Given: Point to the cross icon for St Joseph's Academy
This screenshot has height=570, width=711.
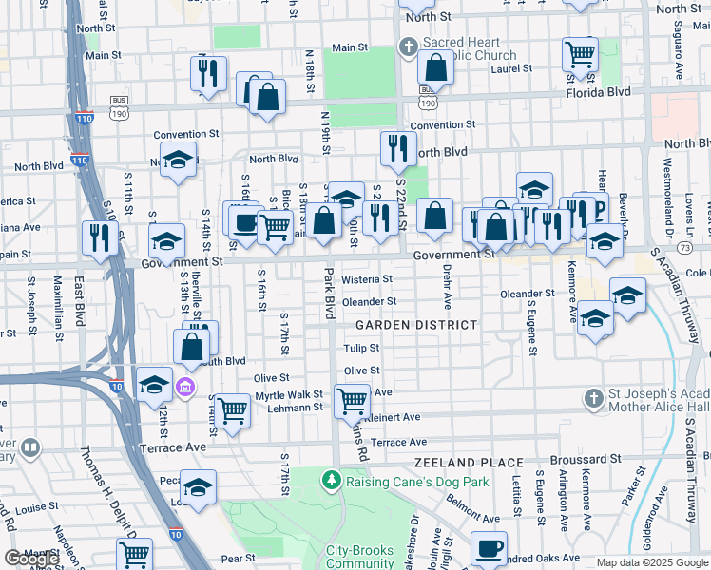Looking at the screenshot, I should coord(593,397).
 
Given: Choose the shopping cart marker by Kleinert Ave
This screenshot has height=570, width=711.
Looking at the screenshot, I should coord(352,400).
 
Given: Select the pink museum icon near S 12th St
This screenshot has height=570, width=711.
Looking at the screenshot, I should coord(185,387).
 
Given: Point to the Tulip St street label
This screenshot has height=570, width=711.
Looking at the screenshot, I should coord(361,349).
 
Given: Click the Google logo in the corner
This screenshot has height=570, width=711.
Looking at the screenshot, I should coord(31,559).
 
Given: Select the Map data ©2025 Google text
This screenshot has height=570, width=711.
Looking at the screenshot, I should coord(652,562).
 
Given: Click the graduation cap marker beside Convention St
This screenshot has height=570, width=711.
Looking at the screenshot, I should coord(178,160).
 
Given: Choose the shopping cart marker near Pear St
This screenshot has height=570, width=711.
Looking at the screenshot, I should coord(135,554).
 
